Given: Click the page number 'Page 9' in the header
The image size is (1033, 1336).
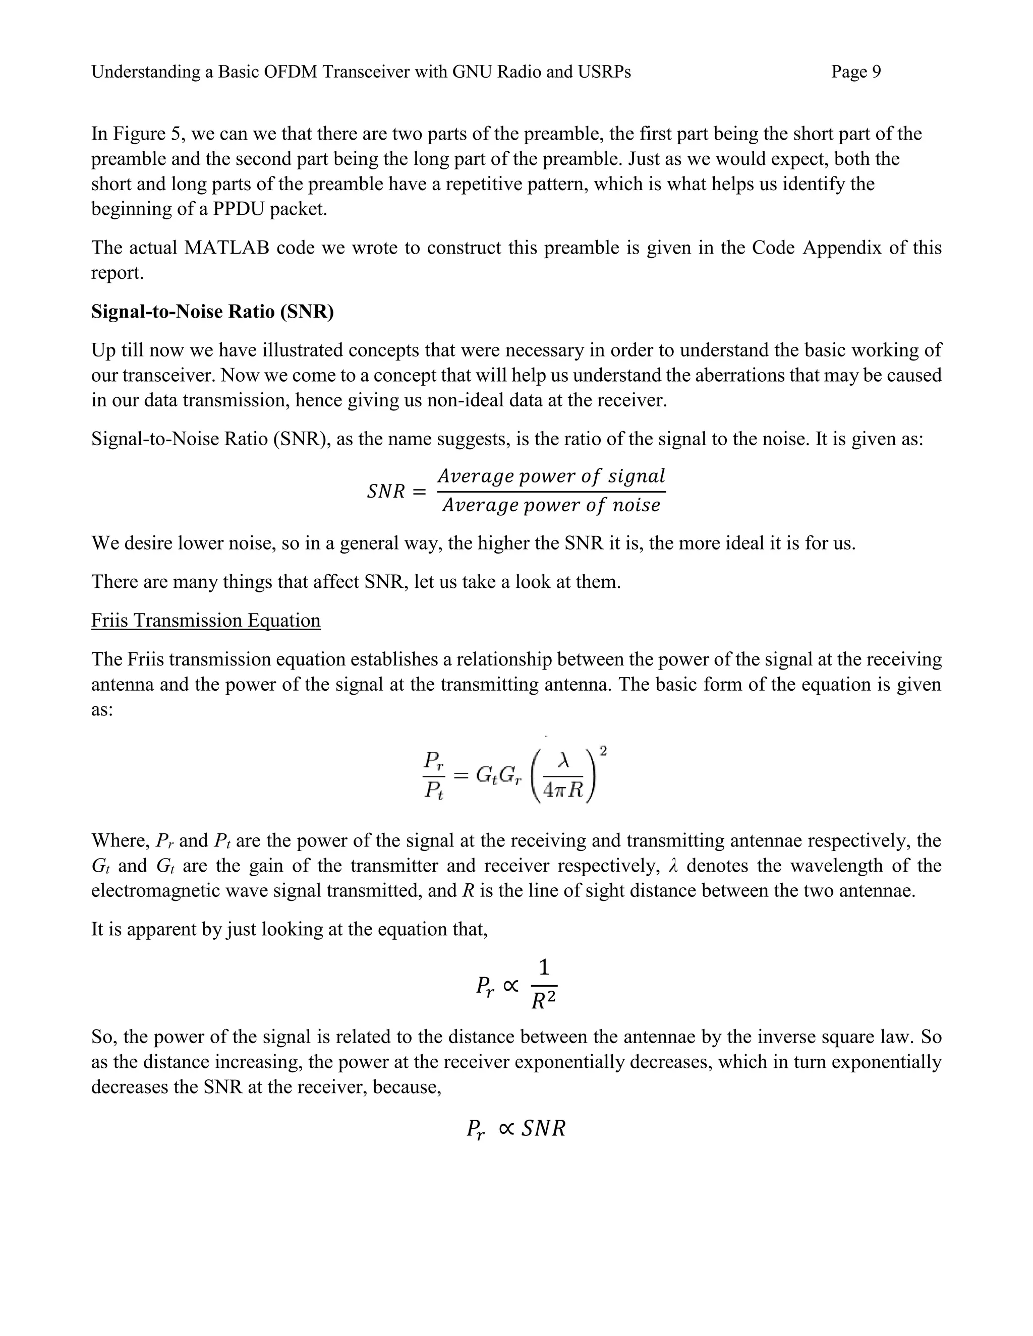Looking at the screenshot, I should pos(855,72).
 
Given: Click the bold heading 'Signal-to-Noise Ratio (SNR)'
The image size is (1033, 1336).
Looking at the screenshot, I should pos(212,312).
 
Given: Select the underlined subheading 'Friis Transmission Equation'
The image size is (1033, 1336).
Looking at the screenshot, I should pos(206,620).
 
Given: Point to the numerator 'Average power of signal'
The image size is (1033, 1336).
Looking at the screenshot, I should pos(551,475).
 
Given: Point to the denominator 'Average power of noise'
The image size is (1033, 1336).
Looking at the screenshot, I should pos(551,505).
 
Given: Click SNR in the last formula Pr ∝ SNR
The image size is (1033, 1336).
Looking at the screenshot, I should pos(542,1128).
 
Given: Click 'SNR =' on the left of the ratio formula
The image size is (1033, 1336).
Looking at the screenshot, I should pos(395,491).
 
